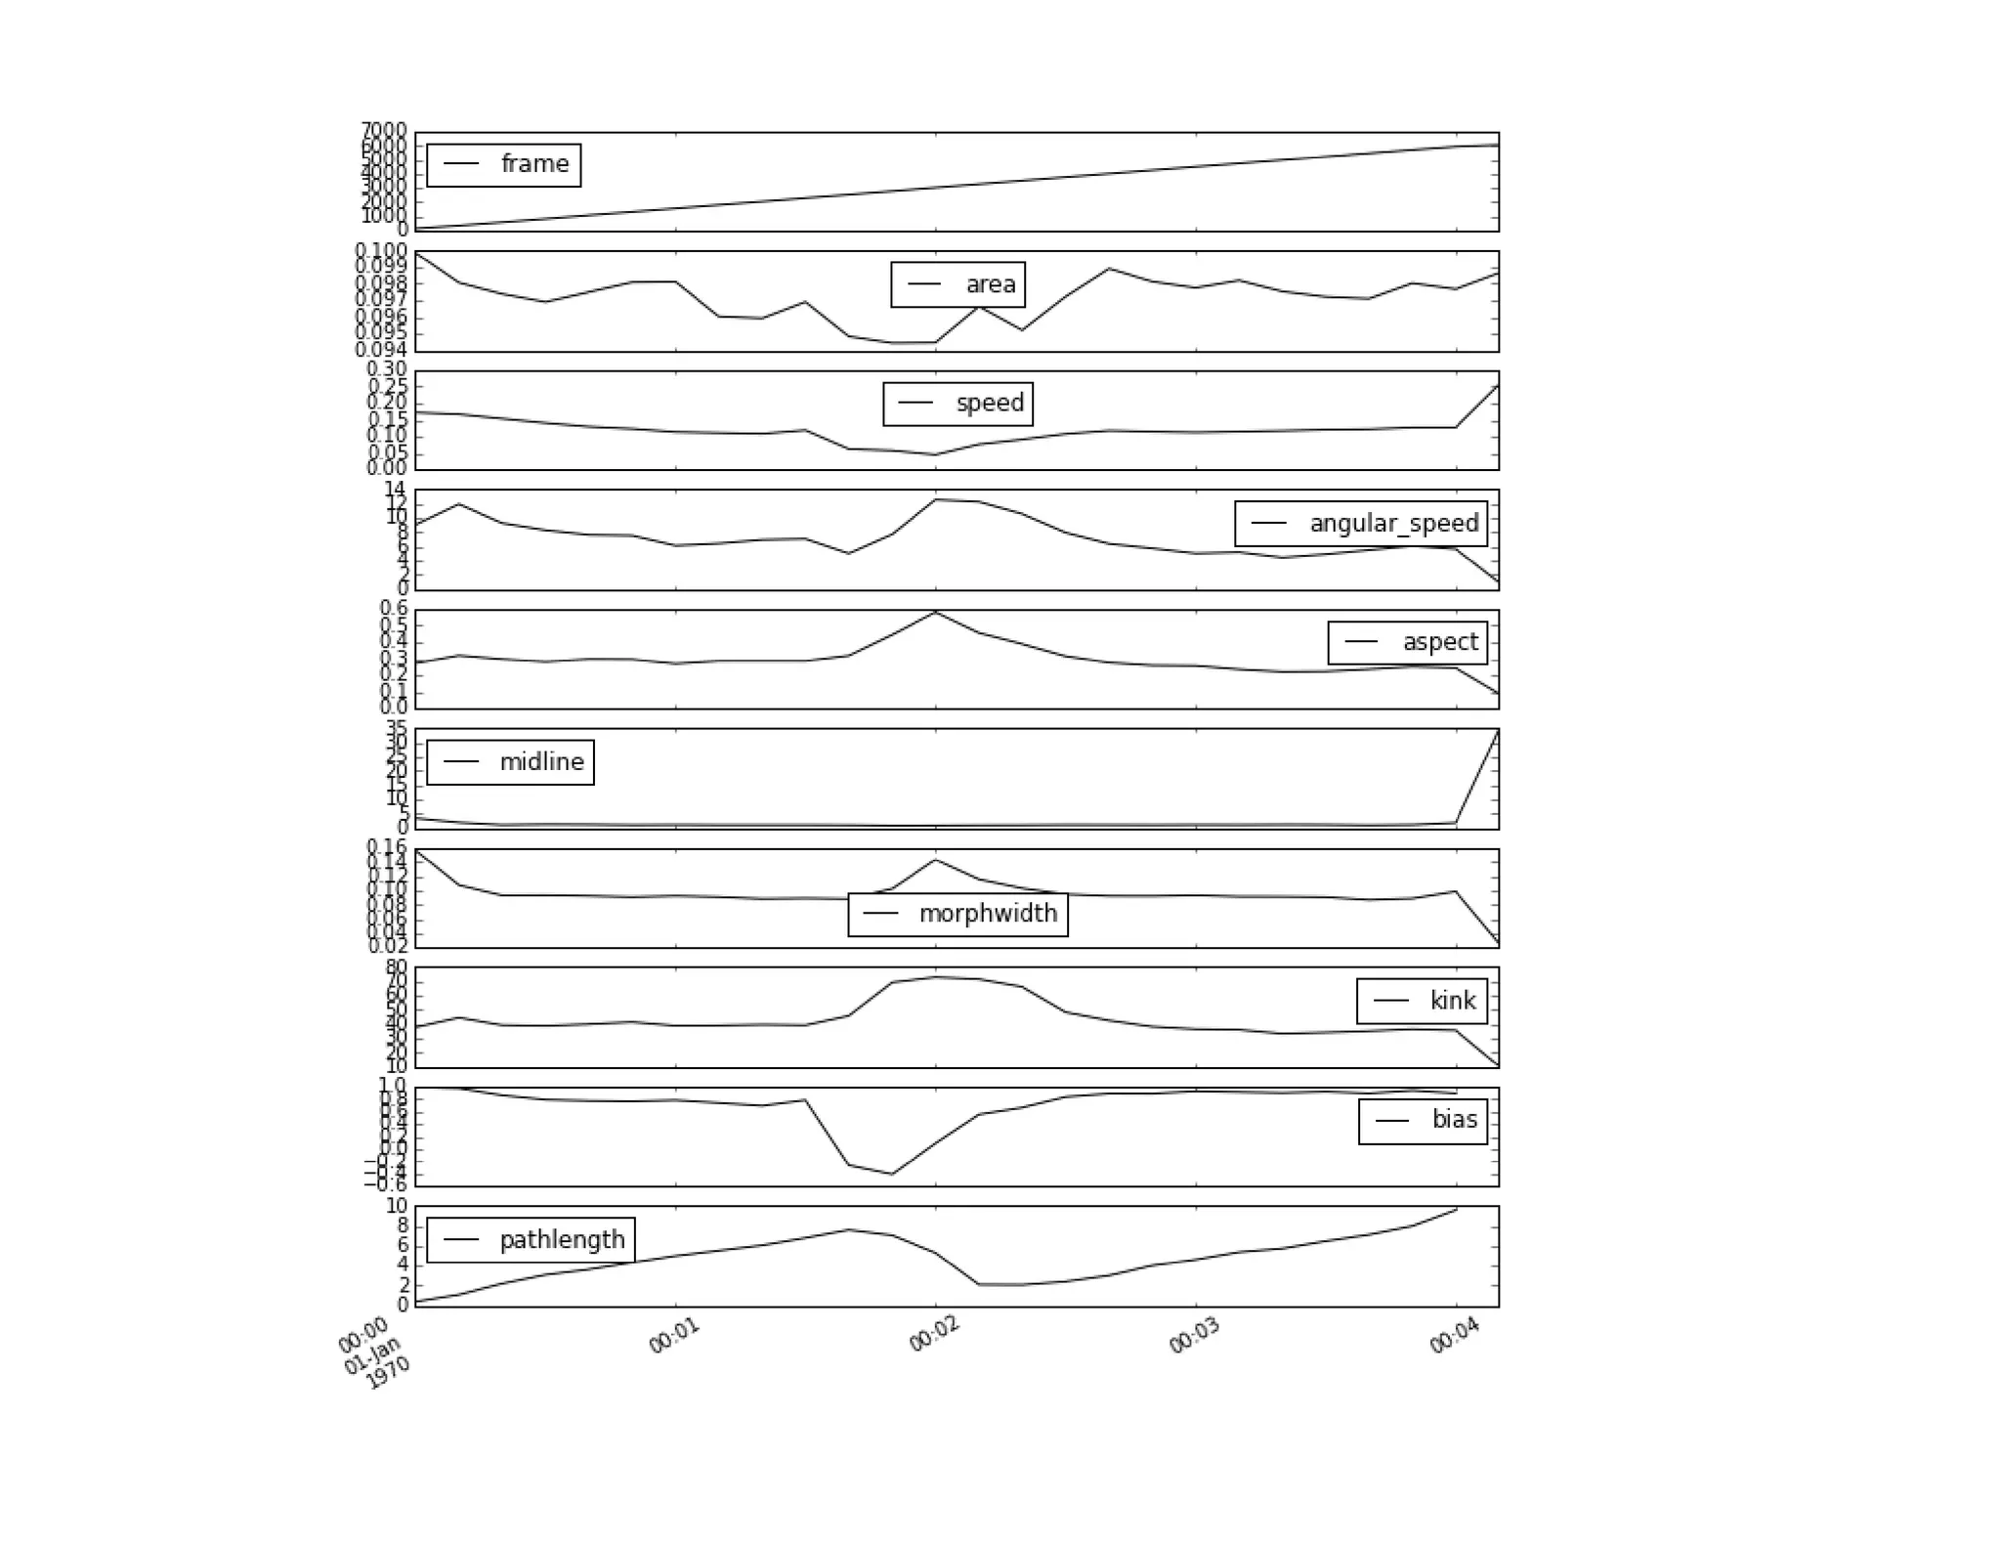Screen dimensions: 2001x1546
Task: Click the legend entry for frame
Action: pos(533,164)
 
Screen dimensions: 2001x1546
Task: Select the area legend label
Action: pos(990,284)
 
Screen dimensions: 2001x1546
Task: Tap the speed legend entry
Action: pos(990,403)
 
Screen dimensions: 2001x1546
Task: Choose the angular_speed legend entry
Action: pos(1393,524)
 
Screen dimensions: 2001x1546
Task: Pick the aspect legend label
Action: pos(1439,642)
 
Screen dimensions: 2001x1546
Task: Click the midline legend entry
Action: pos(541,762)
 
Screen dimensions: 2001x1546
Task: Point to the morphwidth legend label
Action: pos(988,914)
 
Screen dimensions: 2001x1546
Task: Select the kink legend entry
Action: pos(1452,1001)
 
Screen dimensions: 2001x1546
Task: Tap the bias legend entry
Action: pos(1454,1120)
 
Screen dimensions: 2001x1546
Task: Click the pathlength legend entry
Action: pos(562,1240)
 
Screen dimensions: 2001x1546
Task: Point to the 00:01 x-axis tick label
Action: pos(675,1335)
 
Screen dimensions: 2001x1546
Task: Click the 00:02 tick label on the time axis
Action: pos(935,1335)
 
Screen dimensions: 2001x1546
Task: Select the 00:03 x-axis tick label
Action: pos(1195,1335)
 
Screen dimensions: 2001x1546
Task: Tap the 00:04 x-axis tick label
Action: pos(1455,1335)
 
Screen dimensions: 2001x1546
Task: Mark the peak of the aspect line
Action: pos(936,612)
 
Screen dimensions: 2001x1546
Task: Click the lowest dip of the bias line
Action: pos(891,1174)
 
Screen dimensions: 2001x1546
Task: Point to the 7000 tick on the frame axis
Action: pos(383,130)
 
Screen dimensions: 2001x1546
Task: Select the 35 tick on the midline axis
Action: pos(396,728)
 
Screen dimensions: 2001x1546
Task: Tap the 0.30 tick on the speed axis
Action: pos(386,369)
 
